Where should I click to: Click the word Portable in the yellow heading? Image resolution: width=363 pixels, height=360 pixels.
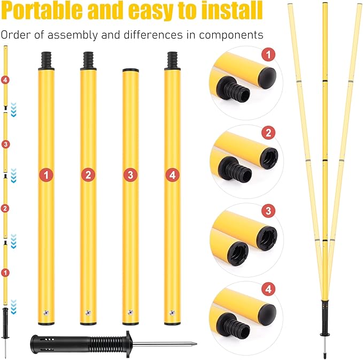point(42,11)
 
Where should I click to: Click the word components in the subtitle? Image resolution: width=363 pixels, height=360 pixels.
point(231,35)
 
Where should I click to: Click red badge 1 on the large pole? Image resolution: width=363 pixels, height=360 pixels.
point(47,175)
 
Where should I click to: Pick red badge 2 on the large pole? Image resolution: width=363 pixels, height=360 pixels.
point(88,175)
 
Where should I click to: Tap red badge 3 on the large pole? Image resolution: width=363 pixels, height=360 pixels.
point(130,175)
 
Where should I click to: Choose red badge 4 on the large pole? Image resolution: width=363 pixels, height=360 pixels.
point(173,175)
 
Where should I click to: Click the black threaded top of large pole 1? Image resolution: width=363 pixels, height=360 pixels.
point(47,60)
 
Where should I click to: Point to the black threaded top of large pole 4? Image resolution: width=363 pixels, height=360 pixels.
point(173,60)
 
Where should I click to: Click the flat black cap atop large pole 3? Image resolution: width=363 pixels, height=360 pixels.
point(130,70)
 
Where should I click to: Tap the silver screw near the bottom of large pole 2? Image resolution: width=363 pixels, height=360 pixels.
point(88,313)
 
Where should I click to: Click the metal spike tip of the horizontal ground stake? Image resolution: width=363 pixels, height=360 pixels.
point(196,344)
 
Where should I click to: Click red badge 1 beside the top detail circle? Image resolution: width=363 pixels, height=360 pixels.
point(268,55)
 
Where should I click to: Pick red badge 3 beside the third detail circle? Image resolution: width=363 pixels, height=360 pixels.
point(268,211)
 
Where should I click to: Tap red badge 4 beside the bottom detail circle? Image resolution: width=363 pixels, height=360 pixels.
point(268,289)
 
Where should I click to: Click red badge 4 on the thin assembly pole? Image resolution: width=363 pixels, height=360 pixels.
point(5,80)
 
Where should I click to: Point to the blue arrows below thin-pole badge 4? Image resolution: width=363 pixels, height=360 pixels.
point(14,110)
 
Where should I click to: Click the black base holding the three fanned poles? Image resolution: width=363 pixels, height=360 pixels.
point(325,318)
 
